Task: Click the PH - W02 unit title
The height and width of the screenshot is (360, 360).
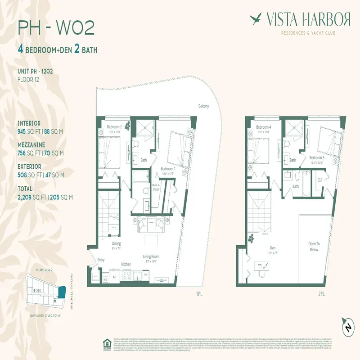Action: point(56,28)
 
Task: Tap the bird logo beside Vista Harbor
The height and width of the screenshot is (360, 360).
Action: point(257,19)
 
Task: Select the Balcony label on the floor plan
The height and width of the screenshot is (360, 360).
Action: point(203,106)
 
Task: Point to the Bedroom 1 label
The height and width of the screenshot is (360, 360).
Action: point(169,169)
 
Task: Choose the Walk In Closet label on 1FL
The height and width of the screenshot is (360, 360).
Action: point(156,187)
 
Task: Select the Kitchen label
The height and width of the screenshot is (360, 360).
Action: point(126,264)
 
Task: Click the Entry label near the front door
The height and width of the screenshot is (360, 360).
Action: point(100,260)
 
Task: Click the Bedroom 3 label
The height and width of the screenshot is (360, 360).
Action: point(317,157)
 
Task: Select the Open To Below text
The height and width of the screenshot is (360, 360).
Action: point(314,246)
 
